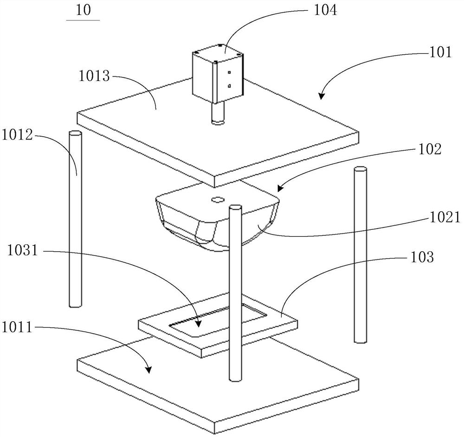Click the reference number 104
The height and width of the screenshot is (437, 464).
(x=325, y=11)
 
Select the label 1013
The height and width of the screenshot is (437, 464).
(x=94, y=76)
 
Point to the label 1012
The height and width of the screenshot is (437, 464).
(x=17, y=135)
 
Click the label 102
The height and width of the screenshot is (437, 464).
(x=430, y=149)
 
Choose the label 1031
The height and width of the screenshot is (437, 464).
(x=23, y=251)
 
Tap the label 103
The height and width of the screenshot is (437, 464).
(x=422, y=257)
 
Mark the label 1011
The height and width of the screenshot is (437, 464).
(x=17, y=327)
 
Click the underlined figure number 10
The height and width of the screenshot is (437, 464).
(x=83, y=11)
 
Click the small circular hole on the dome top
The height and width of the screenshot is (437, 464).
(x=218, y=200)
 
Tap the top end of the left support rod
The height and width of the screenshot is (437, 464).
(x=75, y=134)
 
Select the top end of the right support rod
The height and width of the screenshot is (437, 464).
(x=361, y=170)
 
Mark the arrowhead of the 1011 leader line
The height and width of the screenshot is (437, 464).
(x=148, y=369)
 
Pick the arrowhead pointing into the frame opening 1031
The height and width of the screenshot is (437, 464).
(x=199, y=323)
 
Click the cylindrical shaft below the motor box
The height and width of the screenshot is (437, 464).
(x=218, y=113)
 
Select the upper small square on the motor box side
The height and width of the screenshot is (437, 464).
(x=229, y=72)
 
